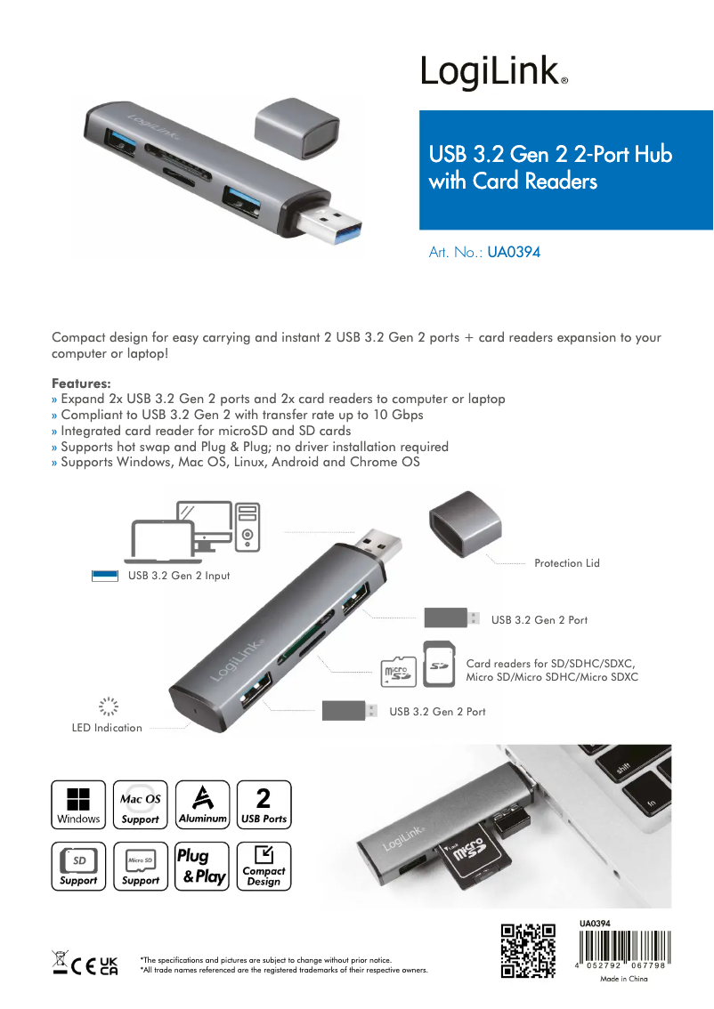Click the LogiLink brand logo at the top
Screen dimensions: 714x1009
point(494,71)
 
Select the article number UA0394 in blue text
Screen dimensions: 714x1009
point(514,253)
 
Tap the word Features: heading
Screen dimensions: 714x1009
point(81,383)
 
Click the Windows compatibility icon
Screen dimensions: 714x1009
point(78,804)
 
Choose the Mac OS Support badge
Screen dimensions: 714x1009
point(141,804)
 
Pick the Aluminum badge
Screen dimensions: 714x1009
point(202,804)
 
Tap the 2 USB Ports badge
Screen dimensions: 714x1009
point(264,804)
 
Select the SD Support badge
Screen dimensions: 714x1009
point(78,866)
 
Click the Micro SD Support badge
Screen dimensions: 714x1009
point(141,866)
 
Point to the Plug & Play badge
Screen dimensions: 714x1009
point(202,866)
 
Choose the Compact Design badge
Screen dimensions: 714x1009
point(264,866)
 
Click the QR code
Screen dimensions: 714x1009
point(528,950)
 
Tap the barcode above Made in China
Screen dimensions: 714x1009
point(624,946)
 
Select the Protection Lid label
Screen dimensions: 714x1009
point(566,563)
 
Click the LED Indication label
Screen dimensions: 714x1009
point(107,728)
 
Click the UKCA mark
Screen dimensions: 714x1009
point(110,966)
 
